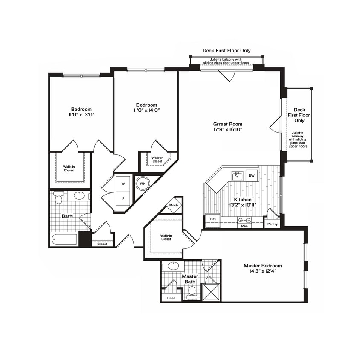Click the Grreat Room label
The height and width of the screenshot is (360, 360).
click(228, 124)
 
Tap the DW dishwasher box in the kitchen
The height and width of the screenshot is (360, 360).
click(252, 175)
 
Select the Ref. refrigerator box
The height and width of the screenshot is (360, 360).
click(213, 219)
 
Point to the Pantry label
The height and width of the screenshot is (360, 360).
click(272, 224)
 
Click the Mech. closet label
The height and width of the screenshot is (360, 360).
click(174, 205)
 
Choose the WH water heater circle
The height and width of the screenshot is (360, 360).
click(142, 184)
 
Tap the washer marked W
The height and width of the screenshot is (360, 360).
click(123, 184)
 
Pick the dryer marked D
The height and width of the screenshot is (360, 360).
click(123, 198)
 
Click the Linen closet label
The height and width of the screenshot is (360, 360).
click(171, 298)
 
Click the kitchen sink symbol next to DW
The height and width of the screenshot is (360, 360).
click(237, 175)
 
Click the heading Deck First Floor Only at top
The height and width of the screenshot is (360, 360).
click(226, 50)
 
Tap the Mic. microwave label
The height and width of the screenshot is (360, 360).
click(245, 226)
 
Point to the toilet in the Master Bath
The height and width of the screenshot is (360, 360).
click(192, 291)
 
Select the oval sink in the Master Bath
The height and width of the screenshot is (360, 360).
click(174, 265)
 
